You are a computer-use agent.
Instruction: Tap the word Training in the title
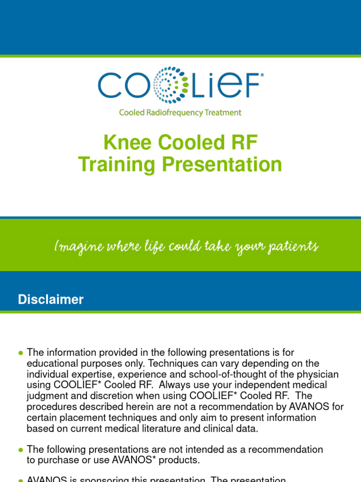click(116, 164)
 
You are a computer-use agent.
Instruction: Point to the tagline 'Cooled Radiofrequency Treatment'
click(180, 112)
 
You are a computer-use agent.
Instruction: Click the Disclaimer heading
click(50, 299)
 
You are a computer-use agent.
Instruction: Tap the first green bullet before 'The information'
click(20, 353)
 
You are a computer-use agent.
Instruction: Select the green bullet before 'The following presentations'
click(20, 450)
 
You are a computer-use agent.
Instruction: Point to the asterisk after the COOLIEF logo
click(262, 74)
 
